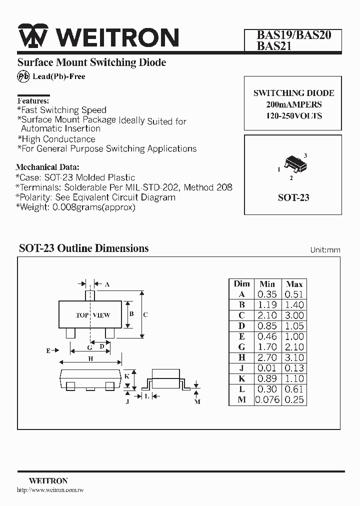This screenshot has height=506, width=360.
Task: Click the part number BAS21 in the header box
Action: coord(274,46)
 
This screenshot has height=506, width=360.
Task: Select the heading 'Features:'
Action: coord(33,100)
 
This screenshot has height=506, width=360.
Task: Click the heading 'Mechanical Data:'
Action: coord(47,167)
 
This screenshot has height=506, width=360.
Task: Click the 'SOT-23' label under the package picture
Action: coord(293,197)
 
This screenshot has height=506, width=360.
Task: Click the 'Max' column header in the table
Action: coord(294,283)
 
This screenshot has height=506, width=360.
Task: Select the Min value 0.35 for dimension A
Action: coord(267,294)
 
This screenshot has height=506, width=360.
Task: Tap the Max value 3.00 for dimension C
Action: coord(294,315)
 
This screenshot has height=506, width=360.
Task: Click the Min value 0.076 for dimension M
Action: coord(267,399)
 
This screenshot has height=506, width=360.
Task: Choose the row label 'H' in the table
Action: coord(241,357)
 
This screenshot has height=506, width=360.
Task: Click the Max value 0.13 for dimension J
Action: coord(294,368)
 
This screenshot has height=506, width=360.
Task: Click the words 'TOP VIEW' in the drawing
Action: coord(93,315)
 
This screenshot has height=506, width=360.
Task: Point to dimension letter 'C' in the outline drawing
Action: coord(145,315)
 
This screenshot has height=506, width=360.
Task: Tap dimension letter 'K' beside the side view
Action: coord(127,376)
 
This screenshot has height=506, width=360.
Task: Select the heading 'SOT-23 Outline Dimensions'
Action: coord(84,248)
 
